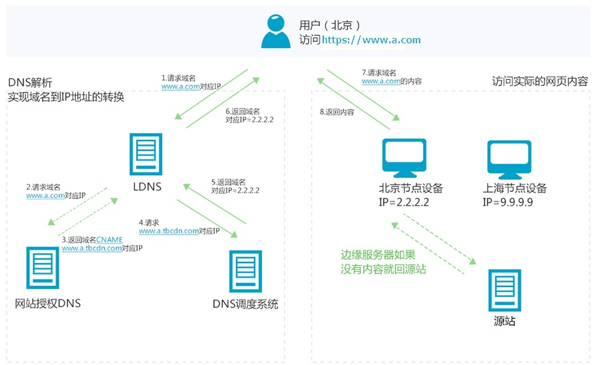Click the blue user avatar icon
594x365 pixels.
coord(276,31)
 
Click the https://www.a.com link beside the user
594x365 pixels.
coord(372,40)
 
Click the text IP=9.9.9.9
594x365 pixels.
coord(508,201)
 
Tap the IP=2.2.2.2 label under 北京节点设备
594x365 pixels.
coord(404,201)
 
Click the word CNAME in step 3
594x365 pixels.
coord(109,239)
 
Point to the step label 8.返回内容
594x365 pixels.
coord(337,113)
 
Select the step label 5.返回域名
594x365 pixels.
coord(229,182)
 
